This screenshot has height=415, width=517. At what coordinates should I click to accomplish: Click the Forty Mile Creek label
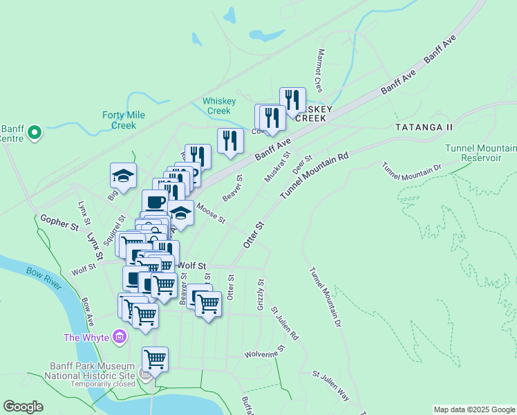point(124,120)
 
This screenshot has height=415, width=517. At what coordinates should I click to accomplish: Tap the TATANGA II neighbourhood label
point(424,127)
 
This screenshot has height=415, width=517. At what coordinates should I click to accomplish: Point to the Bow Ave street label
point(87,312)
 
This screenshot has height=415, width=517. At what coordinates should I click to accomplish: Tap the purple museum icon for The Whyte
point(120,337)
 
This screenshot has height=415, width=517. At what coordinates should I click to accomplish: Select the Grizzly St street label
point(261,294)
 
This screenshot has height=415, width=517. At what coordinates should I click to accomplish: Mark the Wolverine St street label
point(264,353)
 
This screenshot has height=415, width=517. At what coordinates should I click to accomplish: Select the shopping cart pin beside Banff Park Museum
point(155,359)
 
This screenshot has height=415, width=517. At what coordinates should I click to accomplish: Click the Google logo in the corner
point(23,407)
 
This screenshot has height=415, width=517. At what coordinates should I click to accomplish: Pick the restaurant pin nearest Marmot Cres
point(292,100)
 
